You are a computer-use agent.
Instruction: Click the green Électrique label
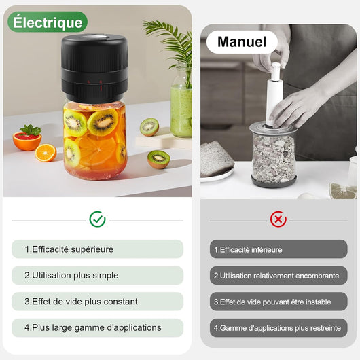point(48,22)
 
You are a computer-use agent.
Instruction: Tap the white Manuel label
point(242,41)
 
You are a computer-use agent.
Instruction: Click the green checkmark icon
point(97,219)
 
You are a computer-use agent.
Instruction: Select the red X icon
point(278,219)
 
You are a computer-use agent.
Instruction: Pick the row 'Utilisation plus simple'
point(97,275)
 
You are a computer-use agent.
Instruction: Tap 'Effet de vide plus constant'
point(97,302)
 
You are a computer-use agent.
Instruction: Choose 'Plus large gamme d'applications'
point(97,327)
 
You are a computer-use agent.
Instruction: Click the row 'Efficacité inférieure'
point(278,249)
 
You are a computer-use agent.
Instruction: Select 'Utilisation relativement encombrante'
point(278,275)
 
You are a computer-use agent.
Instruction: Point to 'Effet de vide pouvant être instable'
point(278,302)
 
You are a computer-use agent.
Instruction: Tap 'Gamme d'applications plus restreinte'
point(278,327)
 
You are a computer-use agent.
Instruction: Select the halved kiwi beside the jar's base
point(158,160)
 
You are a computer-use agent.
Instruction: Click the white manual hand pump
point(274,95)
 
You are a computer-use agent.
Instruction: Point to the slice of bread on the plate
point(217,160)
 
